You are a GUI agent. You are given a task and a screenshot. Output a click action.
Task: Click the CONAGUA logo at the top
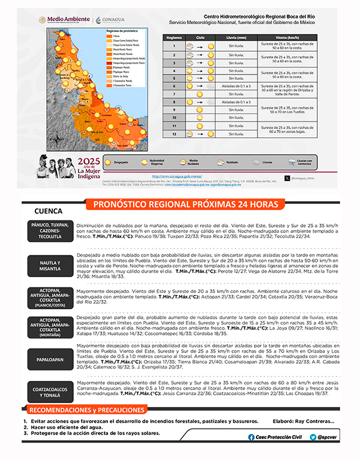coord(112,20)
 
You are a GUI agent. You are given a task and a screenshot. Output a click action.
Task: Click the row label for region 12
coord(175,134)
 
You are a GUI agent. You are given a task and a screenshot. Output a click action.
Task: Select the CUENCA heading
coord(48,212)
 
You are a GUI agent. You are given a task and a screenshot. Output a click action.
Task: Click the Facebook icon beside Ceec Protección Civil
coord(251,436)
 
